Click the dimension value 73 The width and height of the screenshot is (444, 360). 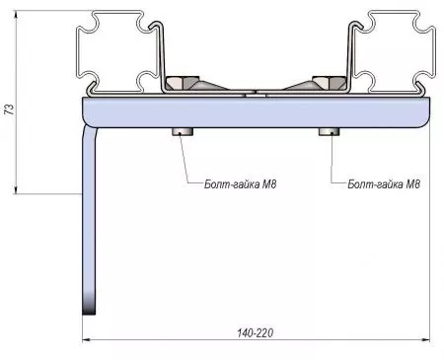[10, 109]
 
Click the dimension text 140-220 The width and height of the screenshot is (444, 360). [256, 332]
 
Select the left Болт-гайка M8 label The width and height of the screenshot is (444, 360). [240, 183]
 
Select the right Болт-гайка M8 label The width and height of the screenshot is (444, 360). [384, 183]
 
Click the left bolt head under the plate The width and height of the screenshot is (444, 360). [183, 131]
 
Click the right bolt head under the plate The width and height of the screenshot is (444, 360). [329, 131]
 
